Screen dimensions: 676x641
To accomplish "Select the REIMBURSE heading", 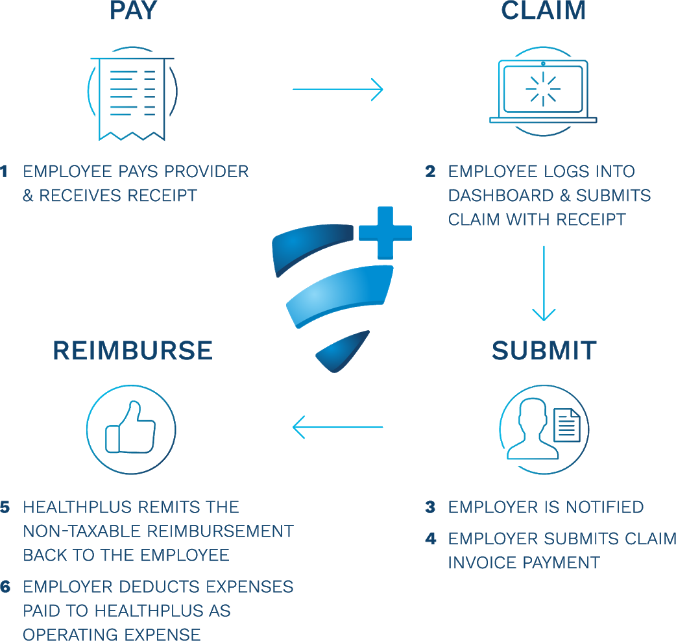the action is (x=133, y=350).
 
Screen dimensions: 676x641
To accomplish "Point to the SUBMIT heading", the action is (x=544, y=350).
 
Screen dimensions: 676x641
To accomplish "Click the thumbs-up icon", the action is (x=130, y=428).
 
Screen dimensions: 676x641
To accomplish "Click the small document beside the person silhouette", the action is (x=567, y=425).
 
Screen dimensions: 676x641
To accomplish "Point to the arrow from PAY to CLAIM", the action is (x=337, y=90).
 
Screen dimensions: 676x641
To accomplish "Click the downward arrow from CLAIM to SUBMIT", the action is (x=544, y=284).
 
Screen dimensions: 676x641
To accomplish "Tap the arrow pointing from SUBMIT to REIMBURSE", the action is (x=337, y=427).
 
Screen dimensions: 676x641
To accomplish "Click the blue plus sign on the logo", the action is (x=385, y=233).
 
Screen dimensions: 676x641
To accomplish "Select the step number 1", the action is (x=4, y=171).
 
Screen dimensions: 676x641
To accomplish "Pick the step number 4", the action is (x=431, y=539).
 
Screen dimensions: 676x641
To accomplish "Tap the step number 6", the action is (x=5, y=587).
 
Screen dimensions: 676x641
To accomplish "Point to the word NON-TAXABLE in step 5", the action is (x=81, y=531).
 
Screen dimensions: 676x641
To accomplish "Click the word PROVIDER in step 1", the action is (x=206, y=171).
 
